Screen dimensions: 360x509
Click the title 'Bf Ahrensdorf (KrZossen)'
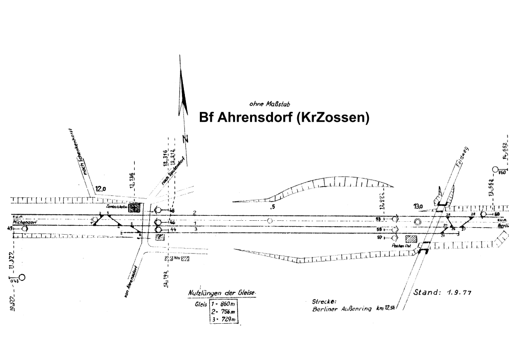[284, 118]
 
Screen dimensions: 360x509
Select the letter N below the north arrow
[186, 139]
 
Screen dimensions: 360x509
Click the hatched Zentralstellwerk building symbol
[134, 208]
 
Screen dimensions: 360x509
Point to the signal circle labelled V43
[21, 277]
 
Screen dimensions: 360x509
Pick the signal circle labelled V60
[495, 169]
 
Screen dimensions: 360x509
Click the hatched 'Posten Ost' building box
[411, 240]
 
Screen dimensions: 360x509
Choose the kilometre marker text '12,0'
[101, 188]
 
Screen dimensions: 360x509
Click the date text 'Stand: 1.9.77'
[442, 292]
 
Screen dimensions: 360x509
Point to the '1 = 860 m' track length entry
[223, 303]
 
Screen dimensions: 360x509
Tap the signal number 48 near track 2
[172, 210]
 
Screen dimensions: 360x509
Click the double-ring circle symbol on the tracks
[417, 221]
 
